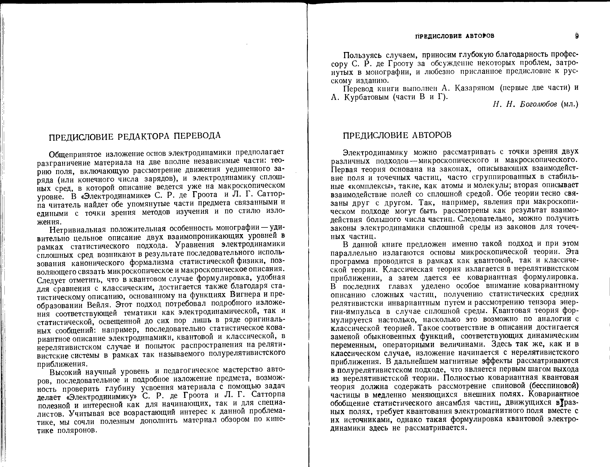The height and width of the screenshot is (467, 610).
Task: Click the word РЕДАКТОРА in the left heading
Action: [x=142, y=136]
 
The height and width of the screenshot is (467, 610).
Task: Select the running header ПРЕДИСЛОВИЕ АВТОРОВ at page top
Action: [x=455, y=36]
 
